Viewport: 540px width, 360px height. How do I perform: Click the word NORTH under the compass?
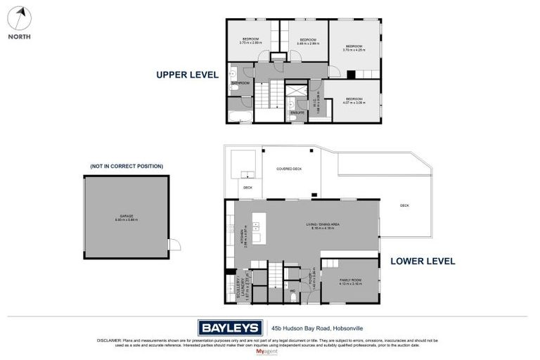click(20, 37)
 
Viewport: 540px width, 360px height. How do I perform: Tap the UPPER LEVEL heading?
click(187, 74)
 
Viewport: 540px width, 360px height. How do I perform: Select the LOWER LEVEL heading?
click(423, 261)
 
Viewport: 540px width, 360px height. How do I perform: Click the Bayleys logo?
click(229, 328)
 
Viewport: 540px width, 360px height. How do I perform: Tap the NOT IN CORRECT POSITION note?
click(127, 166)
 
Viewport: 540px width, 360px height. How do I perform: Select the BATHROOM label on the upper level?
click(240, 83)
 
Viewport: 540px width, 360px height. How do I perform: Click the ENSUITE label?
click(297, 112)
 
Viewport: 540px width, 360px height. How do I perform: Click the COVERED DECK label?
click(289, 169)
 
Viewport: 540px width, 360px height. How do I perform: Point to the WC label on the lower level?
click(292, 290)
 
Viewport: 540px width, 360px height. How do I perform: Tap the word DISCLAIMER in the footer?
click(110, 340)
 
